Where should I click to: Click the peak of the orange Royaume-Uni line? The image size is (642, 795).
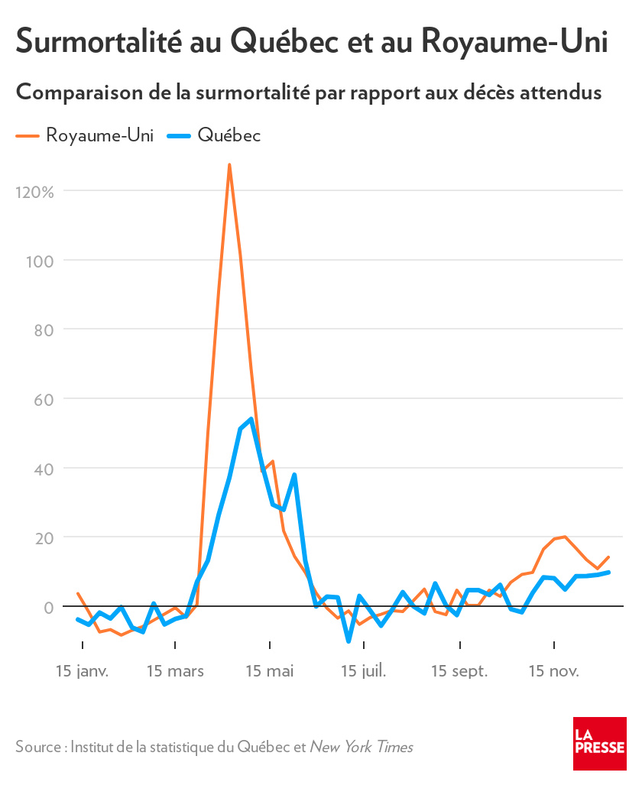[x=229, y=165]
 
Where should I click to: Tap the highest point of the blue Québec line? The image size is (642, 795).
[x=251, y=419]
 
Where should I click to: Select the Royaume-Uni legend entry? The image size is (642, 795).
[x=86, y=135]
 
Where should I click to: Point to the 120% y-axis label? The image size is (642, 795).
[x=34, y=191]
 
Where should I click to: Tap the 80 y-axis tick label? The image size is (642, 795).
[x=42, y=329]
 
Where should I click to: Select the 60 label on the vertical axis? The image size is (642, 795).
[x=42, y=399]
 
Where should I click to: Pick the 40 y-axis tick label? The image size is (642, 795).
[x=42, y=469]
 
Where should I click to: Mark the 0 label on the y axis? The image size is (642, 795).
[x=48, y=607]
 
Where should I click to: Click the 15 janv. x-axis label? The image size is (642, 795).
[x=83, y=671]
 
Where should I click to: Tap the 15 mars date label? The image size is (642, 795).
[x=175, y=671]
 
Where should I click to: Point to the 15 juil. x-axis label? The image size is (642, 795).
[x=364, y=671]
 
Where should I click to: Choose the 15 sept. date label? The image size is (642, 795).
[x=459, y=671]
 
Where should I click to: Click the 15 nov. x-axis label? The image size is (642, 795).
[x=554, y=671]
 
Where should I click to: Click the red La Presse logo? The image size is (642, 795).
[x=599, y=743]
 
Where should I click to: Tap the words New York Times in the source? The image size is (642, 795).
[x=361, y=747]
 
